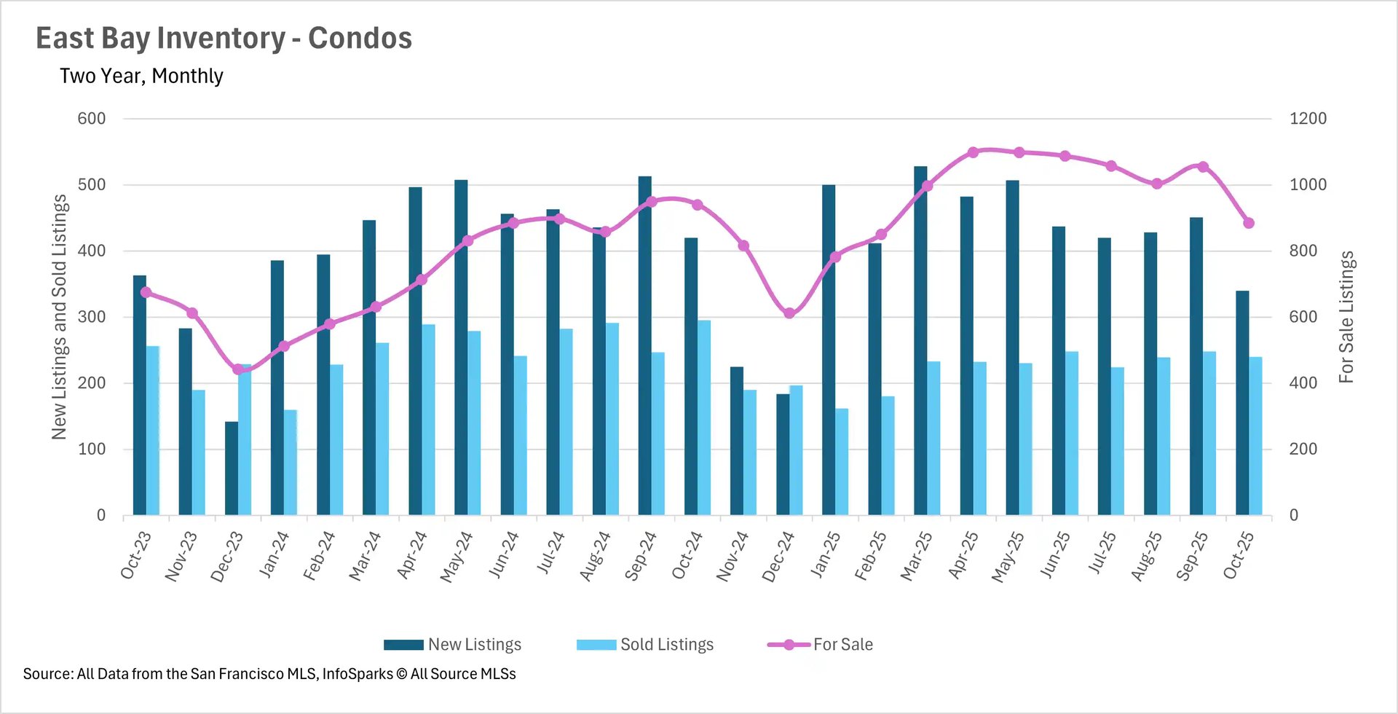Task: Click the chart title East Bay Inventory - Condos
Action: pos(224,38)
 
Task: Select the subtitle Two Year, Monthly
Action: pos(141,76)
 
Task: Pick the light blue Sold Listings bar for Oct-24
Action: pos(704,417)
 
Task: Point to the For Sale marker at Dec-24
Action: pos(789,313)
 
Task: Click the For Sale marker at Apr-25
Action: pos(973,152)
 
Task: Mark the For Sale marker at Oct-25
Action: pos(1249,223)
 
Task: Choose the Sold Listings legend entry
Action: pos(645,645)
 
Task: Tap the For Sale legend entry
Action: pos(821,645)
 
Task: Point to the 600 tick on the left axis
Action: pos(92,119)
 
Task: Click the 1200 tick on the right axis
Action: pos(1308,119)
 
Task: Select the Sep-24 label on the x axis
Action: pos(641,557)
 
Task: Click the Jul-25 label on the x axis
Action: pos(1102,553)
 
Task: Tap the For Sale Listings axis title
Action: pos(1346,317)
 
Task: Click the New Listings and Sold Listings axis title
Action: pos(59,317)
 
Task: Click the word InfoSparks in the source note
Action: pos(358,674)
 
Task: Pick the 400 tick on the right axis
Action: pos(1303,383)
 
